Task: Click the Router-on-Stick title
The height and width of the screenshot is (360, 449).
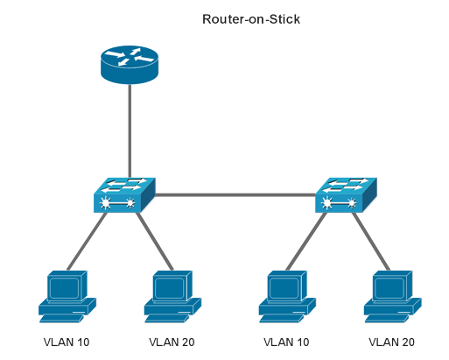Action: tap(251, 19)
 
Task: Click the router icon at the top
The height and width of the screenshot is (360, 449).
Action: tap(130, 66)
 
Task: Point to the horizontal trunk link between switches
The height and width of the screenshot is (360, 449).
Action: tap(235, 194)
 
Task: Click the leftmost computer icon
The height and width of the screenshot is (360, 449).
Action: tap(67, 294)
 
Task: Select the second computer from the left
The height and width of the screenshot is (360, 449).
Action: tap(172, 294)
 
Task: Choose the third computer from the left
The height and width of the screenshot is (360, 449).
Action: tap(286, 294)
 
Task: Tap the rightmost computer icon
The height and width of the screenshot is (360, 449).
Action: tap(391, 294)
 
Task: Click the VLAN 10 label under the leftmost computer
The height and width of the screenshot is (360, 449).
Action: tap(67, 342)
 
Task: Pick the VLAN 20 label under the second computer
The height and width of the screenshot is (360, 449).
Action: tap(172, 342)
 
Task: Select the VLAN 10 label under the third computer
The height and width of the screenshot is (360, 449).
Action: tap(286, 342)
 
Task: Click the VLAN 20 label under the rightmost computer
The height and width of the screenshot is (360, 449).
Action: tap(391, 342)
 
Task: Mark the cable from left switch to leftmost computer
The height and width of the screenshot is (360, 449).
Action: tap(88, 241)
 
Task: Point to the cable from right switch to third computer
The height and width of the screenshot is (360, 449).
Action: tap(308, 241)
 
